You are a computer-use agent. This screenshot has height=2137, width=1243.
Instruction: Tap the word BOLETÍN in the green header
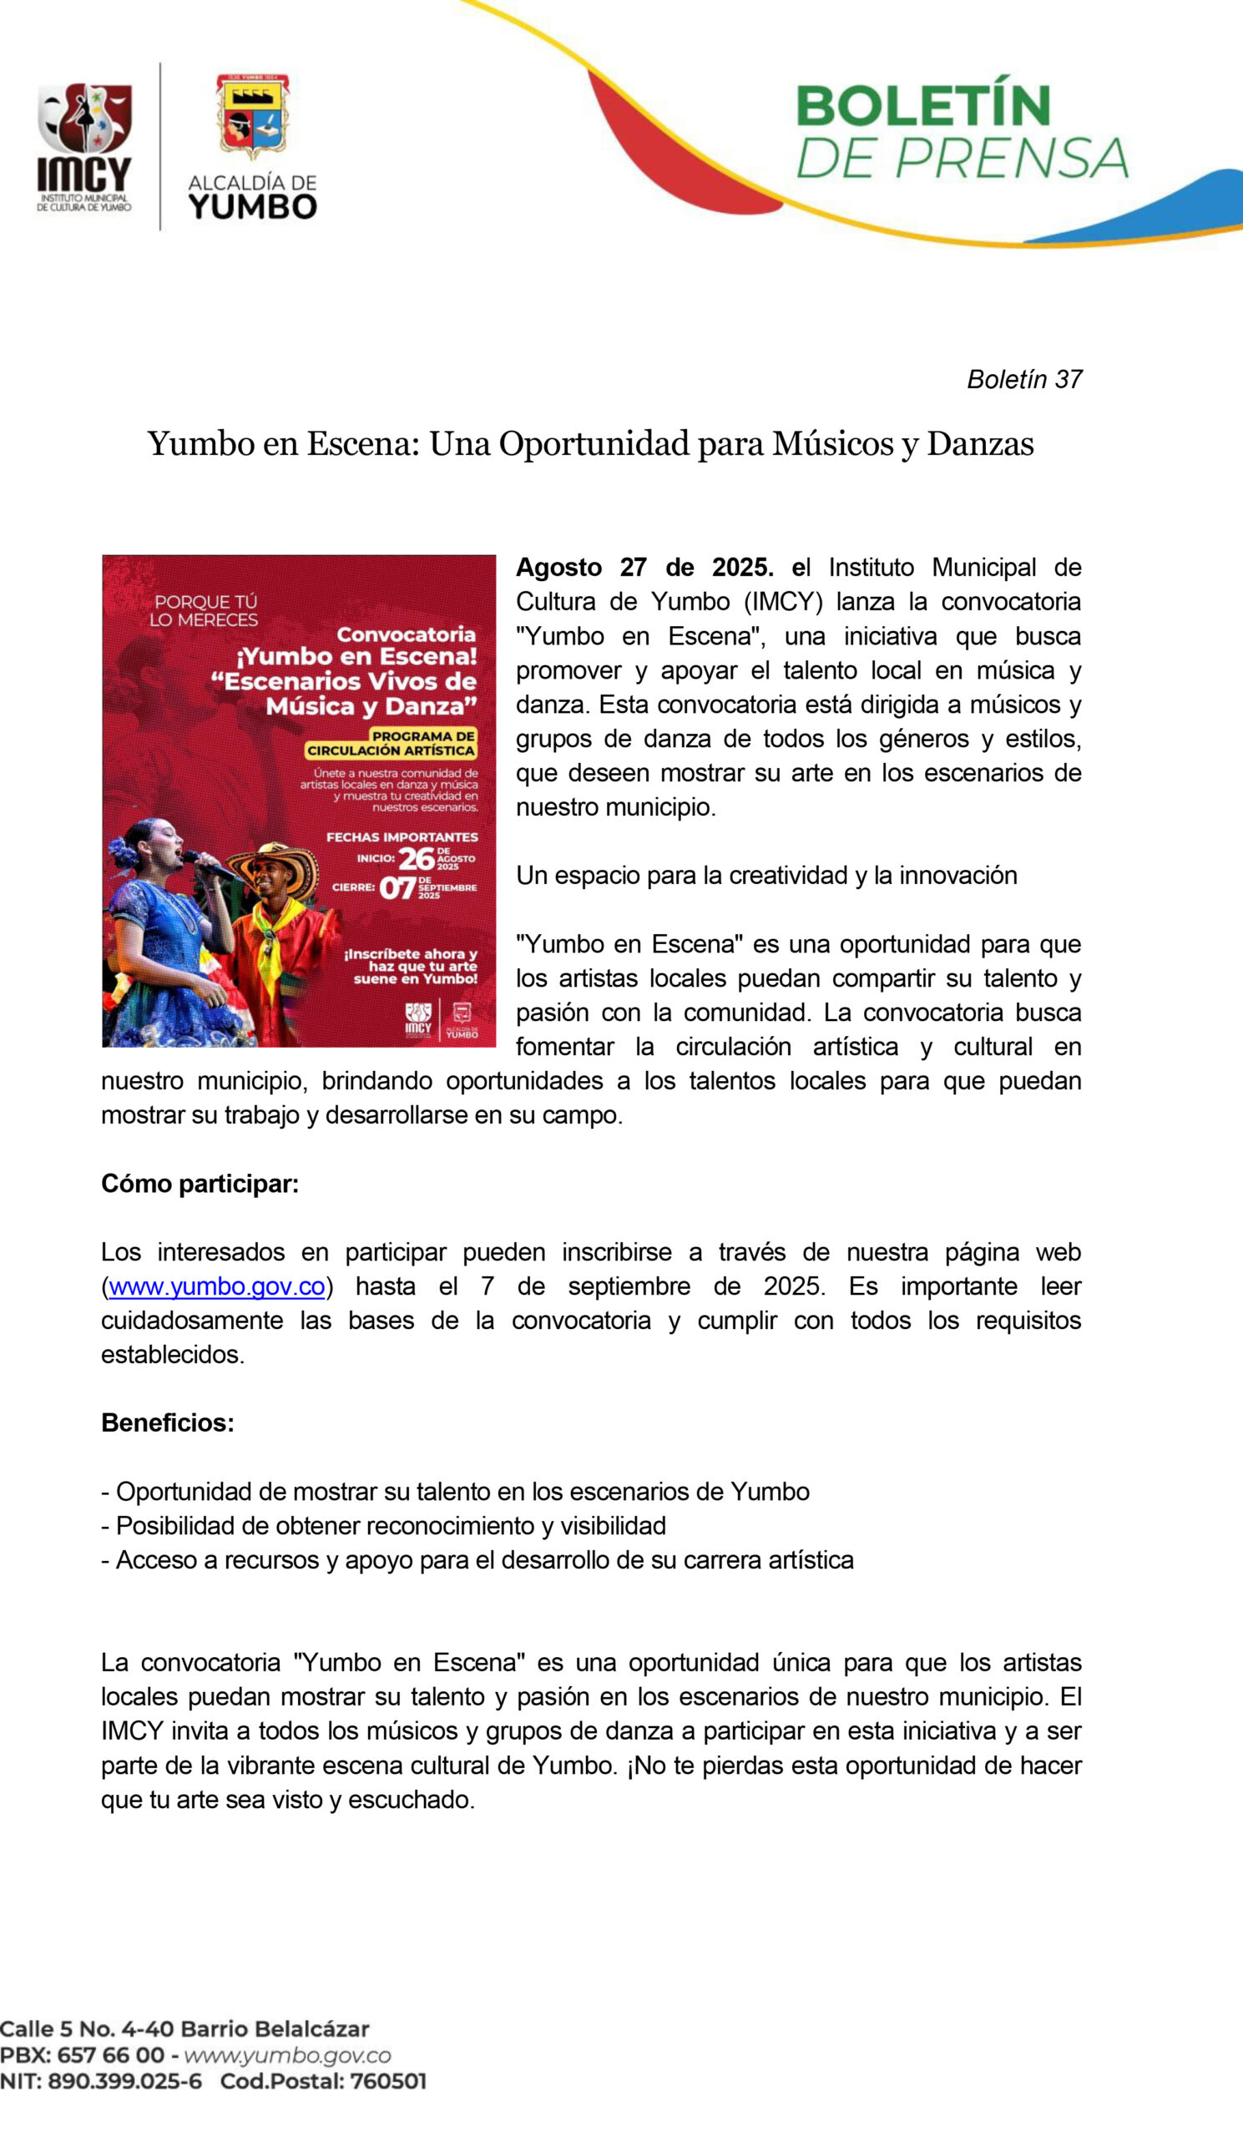(x=922, y=106)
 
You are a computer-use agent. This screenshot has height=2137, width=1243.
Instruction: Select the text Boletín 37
(x=1024, y=379)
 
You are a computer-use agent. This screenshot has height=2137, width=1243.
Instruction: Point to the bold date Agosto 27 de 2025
(x=644, y=568)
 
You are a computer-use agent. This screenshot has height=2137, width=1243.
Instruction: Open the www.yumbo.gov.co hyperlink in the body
(x=217, y=1286)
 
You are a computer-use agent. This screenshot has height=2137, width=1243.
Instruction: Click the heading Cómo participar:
(x=200, y=1184)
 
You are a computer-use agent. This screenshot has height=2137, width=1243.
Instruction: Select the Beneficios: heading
(x=168, y=1423)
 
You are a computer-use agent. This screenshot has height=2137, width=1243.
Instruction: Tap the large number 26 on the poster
(x=417, y=859)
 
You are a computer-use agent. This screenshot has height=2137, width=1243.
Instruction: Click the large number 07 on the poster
(x=397, y=889)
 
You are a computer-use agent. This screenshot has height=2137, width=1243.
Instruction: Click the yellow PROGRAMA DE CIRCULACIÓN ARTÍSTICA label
(x=392, y=744)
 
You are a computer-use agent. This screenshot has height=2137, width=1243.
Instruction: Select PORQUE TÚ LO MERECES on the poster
(x=204, y=610)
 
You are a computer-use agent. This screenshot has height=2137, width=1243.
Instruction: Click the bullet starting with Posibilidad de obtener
(x=383, y=1526)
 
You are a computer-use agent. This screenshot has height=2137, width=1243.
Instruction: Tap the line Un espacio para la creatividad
(x=766, y=875)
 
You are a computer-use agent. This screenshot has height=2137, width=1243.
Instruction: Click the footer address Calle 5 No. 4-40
(x=184, y=2029)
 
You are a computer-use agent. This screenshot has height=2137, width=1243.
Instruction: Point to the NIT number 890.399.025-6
(x=124, y=2082)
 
